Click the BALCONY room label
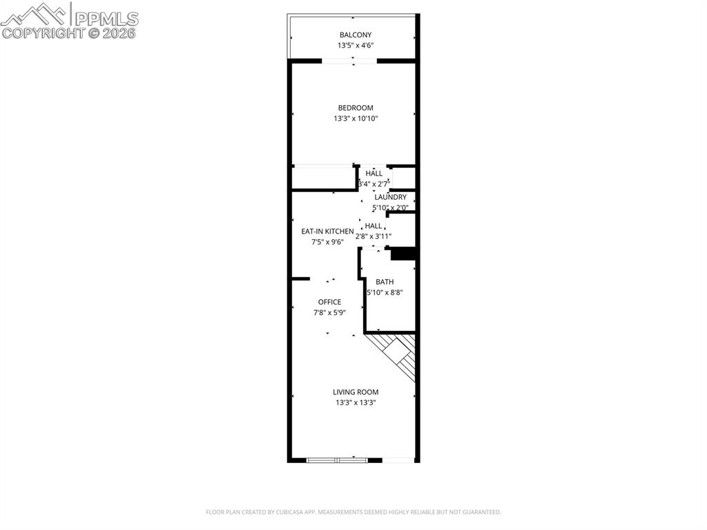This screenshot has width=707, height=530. [x=355, y=35]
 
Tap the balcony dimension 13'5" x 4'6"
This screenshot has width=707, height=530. [x=355, y=46]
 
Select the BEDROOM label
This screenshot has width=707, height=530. [x=355, y=108]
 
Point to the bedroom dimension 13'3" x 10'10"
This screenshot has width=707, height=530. [x=355, y=119]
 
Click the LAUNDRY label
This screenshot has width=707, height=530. [x=390, y=197]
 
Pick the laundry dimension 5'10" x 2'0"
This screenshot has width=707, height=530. [x=390, y=207]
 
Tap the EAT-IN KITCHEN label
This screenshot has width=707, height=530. [x=327, y=231]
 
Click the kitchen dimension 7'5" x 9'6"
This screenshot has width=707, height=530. [x=327, y=242]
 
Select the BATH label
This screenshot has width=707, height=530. [x=385, y=282]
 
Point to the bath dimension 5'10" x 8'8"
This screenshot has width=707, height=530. [x=385, y=292]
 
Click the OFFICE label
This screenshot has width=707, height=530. [x=329, y=302]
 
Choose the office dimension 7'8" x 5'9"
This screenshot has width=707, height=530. [x=329, y=312]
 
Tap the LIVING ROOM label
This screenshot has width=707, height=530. [x=355, y=392]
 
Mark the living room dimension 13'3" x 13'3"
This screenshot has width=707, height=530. [x=355, y=402]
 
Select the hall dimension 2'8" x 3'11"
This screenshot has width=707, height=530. [x=374, y=236]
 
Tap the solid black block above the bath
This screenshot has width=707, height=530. [x=403, y=254]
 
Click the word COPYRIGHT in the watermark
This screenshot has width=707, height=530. [x=42, y=32]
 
